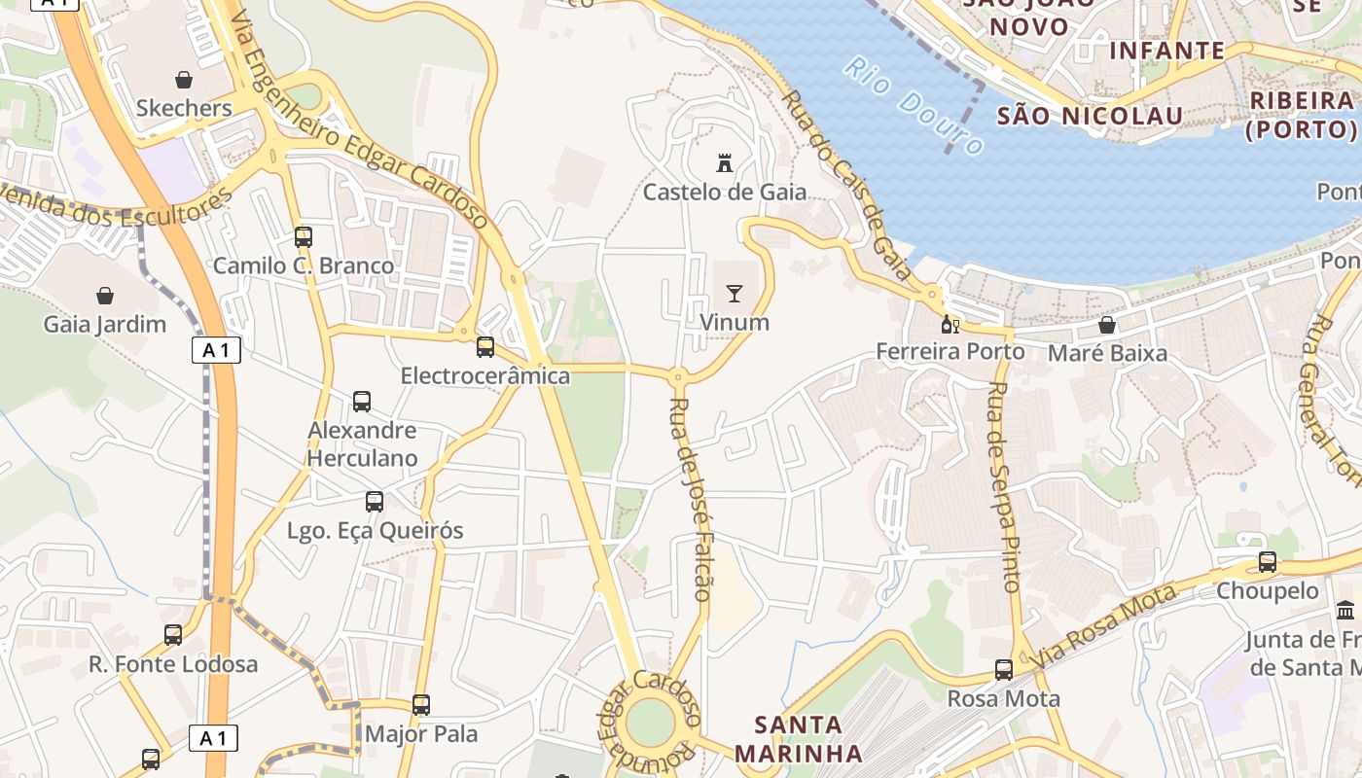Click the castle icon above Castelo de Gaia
724,162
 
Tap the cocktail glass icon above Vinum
735,293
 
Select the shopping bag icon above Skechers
183,79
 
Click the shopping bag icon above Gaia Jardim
104,295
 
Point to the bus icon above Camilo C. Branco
304,236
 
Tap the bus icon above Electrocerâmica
484,346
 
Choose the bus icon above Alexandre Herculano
362,401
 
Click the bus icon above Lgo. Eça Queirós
375,502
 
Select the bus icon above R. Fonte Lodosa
173,635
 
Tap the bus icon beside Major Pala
421,705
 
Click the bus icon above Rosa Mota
1004,670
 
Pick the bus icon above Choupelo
1268,561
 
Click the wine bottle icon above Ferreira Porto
950,324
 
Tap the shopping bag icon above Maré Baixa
1107,325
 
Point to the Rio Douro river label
913,105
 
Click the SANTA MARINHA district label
798,739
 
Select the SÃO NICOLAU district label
1090,117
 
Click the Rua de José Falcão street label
692,498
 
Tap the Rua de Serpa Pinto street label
1003,486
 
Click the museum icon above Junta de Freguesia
1346,611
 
